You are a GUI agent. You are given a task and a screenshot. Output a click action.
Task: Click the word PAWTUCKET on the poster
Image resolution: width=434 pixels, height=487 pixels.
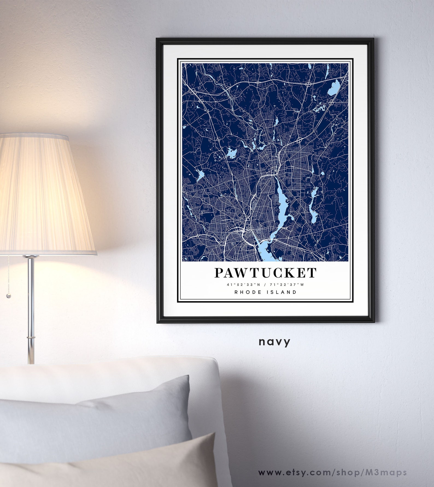click(265, 273)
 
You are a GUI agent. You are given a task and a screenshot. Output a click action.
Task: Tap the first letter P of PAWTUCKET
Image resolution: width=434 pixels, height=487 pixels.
click(219, 273)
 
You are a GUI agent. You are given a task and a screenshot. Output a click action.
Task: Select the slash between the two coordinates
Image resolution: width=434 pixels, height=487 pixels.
click(265, 284)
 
